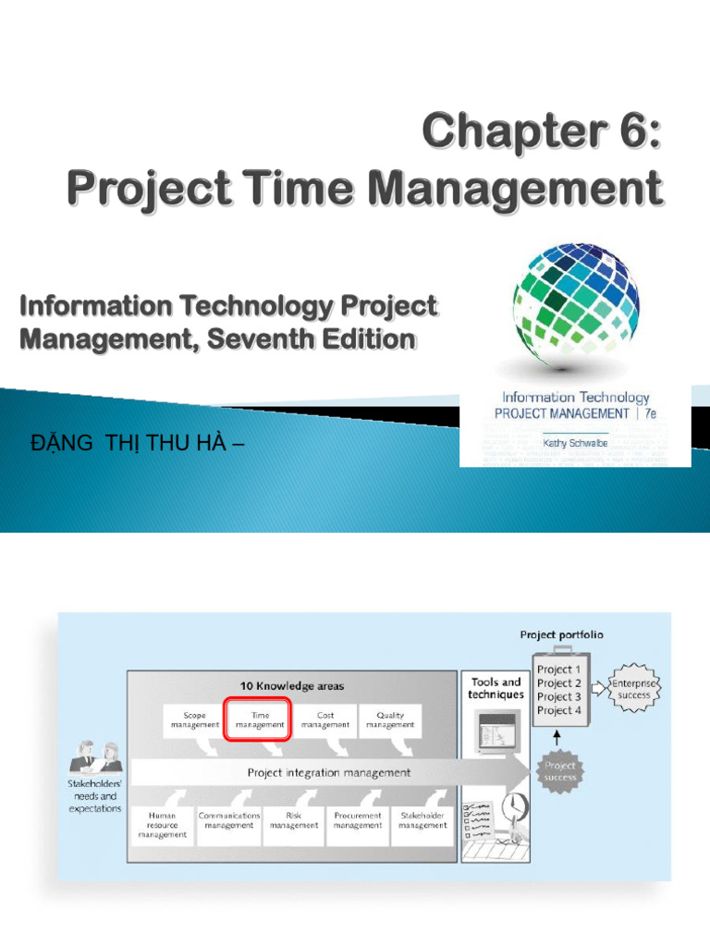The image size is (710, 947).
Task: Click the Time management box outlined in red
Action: tap(258, 720)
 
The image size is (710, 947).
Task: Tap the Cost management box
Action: tap(324, 720)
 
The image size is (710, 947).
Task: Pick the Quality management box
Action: tap(390, 720)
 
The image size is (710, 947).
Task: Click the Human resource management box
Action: tap(162, 826)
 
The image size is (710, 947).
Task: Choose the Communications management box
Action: tap(229, 821)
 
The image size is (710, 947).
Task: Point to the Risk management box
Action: tap(293, 821)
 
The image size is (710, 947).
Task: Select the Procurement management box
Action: tap(357, 821)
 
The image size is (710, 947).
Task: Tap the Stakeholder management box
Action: tap(422, 821)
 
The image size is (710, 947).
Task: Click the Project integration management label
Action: tap(328, 772)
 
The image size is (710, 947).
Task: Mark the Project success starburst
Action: tap(559, 771)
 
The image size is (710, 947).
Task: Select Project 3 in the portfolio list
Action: tap(559, 696)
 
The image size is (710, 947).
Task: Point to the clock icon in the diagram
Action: tap(513, 807)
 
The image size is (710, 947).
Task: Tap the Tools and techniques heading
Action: tap(496, 688)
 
